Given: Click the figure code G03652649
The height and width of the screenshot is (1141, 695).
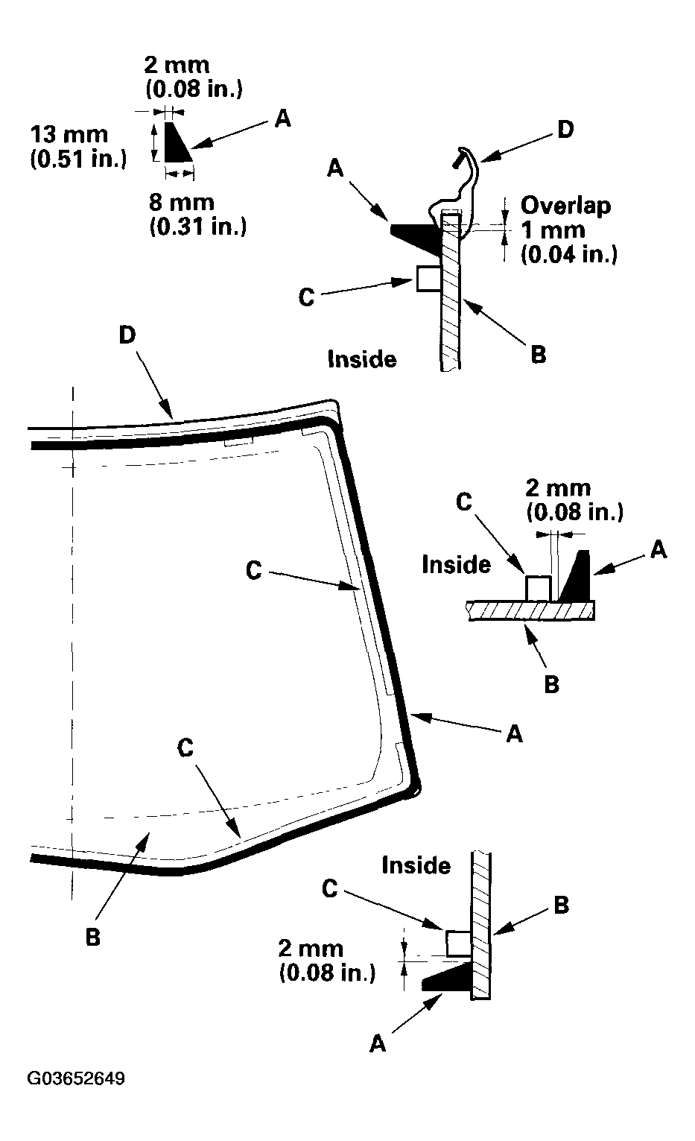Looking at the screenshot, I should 76,1078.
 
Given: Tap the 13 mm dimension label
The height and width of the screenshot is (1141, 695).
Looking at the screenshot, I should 69,135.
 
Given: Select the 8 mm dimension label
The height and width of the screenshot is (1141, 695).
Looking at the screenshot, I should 181,202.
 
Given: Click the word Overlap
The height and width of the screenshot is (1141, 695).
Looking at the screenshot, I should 565,205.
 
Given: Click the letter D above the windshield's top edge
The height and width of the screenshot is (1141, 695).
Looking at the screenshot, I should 127,336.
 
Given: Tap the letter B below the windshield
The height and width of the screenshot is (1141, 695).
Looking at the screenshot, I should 92,937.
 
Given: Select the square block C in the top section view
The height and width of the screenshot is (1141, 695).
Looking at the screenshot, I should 428,279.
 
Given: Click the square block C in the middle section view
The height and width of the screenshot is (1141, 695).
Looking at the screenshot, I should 538,588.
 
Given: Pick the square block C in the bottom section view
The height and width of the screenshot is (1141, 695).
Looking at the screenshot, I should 457,943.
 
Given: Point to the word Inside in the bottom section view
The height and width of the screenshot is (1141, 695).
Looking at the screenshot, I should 416,865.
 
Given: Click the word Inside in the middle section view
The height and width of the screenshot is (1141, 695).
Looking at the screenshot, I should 456,564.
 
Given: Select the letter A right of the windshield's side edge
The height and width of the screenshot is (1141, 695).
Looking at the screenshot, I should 513,734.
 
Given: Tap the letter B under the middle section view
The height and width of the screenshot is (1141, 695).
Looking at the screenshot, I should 551,684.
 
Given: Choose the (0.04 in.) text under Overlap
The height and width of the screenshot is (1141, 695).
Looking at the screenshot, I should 569,254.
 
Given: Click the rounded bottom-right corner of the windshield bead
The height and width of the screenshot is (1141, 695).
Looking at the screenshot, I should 413,786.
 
